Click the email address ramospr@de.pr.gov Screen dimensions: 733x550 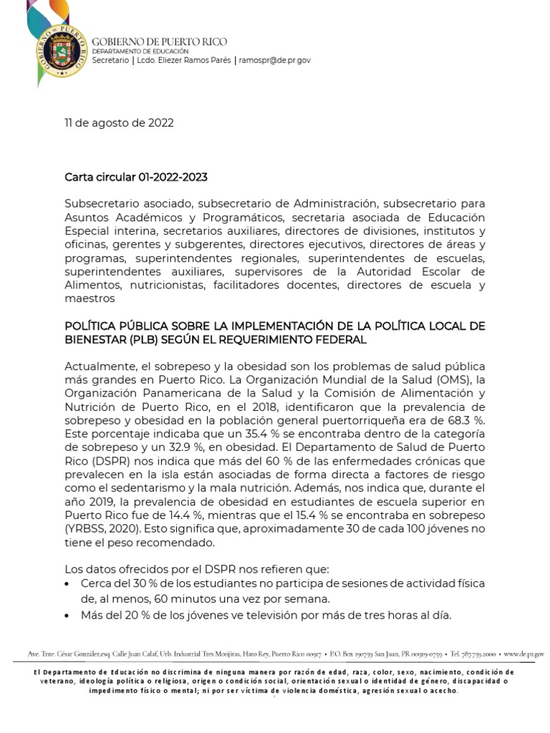point(275,62)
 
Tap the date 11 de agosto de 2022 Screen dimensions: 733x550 point(119,122)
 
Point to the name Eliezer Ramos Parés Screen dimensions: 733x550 point(192,62)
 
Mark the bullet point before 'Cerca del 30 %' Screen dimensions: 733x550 point(67,583)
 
